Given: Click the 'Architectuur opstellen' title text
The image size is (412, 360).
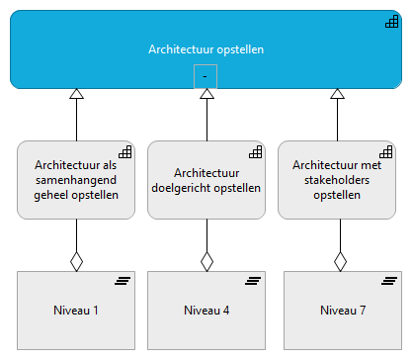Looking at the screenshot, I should point(206,48).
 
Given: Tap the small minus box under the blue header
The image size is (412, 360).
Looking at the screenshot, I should point(205,76).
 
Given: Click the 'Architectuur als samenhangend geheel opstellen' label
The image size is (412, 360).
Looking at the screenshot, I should point(76,179).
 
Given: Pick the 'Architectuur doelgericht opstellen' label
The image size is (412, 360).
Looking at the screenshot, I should point(206,179).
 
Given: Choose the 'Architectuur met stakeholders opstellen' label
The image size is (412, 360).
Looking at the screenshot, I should point(337,179).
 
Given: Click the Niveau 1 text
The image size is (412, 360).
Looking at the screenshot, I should point(76,311).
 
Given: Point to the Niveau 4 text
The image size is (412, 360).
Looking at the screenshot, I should point(206,311).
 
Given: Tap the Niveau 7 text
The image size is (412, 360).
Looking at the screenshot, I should point(343,311).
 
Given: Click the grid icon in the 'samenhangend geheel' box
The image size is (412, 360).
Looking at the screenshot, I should point(125,152).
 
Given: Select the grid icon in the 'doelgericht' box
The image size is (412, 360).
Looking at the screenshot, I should point(256,152).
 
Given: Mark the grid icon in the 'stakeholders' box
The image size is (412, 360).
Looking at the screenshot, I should point(386,152).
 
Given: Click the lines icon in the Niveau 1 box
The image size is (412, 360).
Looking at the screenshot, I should point(123,282).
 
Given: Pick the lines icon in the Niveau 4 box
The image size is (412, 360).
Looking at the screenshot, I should point(253,282).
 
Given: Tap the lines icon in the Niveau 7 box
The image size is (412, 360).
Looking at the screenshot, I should point(389,282).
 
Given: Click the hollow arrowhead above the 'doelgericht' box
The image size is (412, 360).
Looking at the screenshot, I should point(206,94).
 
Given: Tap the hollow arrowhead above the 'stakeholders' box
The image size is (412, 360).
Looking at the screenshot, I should point(337,94).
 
